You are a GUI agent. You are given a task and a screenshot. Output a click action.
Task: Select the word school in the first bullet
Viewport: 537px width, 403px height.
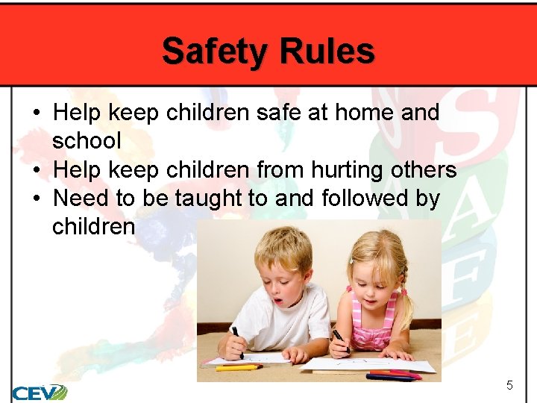point(87,141)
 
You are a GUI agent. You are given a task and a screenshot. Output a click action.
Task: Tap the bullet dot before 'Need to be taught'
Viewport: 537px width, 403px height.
point(36,199)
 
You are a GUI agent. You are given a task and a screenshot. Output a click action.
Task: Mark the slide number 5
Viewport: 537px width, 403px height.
point(509,385)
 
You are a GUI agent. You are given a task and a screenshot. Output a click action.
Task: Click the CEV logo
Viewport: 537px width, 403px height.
point(39,391)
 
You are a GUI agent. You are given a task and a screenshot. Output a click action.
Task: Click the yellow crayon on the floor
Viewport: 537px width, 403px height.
point(238,367)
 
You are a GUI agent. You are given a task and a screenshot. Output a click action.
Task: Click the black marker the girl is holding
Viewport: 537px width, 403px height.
point(340,340)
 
